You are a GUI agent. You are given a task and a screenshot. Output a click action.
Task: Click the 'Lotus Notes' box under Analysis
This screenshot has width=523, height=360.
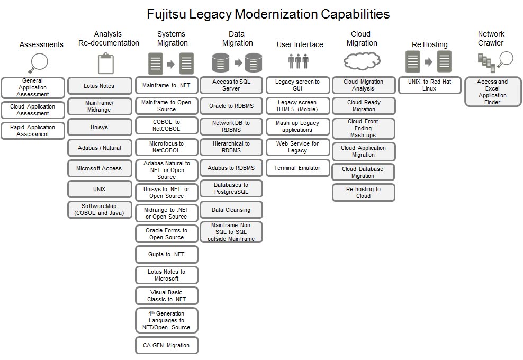pos(100,86)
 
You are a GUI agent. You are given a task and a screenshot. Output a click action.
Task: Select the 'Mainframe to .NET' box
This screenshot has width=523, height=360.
pos(166,85)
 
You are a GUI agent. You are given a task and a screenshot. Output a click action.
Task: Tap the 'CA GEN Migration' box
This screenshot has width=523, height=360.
pos(166,345)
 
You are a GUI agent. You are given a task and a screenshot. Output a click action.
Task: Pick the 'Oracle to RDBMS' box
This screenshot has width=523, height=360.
pos(231,106)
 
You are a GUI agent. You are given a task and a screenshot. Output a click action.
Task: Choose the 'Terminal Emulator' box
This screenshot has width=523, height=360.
pos(297,168)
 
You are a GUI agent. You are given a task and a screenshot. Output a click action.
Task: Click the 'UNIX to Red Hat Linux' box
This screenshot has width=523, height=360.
pos(429,85)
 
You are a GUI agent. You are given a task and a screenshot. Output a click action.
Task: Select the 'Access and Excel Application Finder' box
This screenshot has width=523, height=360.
pos(492,92)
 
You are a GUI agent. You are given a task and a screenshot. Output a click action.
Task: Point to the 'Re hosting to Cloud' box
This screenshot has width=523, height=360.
pos(363,193)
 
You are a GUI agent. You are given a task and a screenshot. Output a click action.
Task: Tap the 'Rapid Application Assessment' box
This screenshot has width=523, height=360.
pos(33,131)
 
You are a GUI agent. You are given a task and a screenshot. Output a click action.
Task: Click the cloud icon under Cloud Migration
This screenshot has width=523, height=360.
pos(362,62)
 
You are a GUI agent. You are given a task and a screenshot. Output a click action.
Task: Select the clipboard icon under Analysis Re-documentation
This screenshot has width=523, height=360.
pos(106,64)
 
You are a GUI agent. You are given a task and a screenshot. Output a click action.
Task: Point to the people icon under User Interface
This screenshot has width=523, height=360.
pos(298,61)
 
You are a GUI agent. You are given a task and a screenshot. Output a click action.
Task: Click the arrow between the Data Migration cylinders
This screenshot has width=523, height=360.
pos(238,63)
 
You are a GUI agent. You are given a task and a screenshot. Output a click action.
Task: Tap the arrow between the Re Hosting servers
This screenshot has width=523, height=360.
pos(429,62)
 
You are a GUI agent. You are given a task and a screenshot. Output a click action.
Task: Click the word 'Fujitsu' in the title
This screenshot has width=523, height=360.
pos(167,14)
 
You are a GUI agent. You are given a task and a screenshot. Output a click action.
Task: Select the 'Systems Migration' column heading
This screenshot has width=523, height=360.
pos(172,39)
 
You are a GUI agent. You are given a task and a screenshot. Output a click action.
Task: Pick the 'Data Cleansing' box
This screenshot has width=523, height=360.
pos(231,210)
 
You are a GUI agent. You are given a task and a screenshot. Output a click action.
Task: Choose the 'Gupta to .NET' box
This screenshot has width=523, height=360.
pos(166,254)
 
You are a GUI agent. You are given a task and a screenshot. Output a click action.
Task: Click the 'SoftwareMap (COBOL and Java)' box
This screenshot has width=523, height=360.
pos(100,210)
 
